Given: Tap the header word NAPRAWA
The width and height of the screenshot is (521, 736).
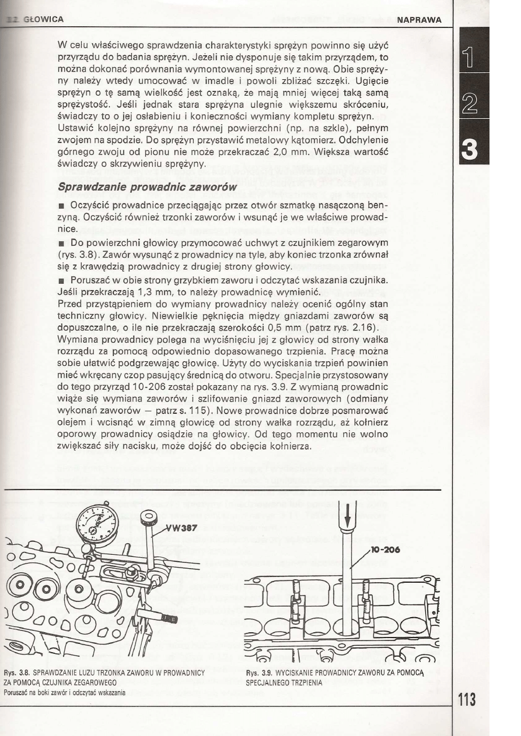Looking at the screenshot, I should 418,20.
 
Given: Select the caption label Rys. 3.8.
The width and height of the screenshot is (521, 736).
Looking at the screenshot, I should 16,672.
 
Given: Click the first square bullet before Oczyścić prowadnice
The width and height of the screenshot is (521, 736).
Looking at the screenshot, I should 61,207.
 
